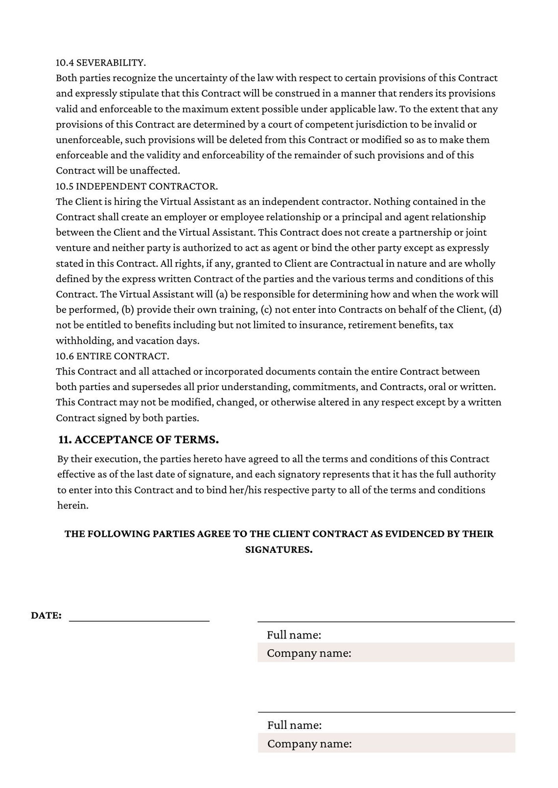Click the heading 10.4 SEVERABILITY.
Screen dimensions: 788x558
pyautogui.click(x=101, y=63)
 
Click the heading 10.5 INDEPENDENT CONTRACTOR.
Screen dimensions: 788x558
pyautogui.click(x=137, y=186)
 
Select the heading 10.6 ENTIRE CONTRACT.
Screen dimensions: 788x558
pyautogui.click(x=112, y=356)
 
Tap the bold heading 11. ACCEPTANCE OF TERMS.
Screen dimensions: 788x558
pyautogui.click(x=139, y=439)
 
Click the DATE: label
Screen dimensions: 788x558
pyautogui.click(x=46, y=615)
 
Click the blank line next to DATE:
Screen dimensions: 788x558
pyautogui.click(x=139, y=619)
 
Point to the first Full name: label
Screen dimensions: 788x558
pyautogui.click(x=294, y=635)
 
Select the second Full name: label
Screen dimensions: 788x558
pyautogui.click(x=294, y=725)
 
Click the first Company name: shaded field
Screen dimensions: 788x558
pyautogui.click(x=386, y=653)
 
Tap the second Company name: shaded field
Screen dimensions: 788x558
pyautogui.click(x=386, y=744)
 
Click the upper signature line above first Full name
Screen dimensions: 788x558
pyautogui.click(x=386, y=621)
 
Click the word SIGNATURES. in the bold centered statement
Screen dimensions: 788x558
pyautogui.click(x=279, y=549)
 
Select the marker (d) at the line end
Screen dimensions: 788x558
pyautogui.click(x=495, y=309)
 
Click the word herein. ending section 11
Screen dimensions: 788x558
pyautogui.click(x=73, y=505)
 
